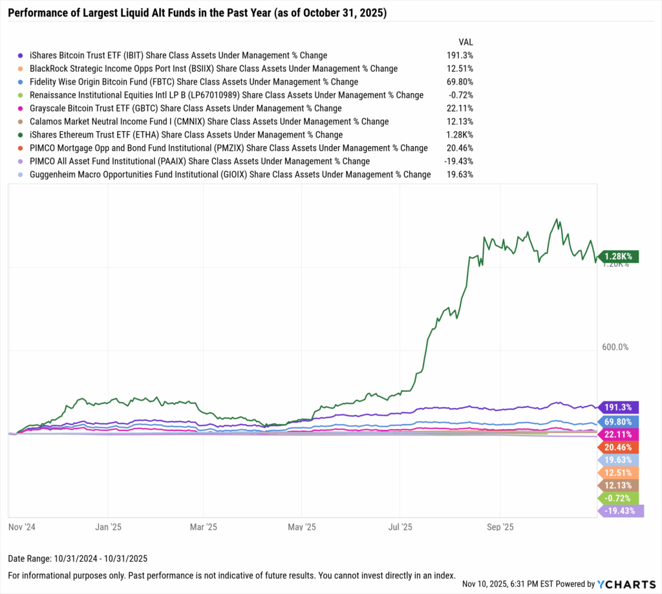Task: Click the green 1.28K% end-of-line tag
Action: [620, 257]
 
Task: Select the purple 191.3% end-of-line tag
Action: [620, 407]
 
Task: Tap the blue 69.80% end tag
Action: [620, 421]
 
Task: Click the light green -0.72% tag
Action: [620, 498]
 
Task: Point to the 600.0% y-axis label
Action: [615, 347]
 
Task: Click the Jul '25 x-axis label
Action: [400, 527]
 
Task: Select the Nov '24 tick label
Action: [22, 527]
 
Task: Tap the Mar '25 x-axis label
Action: [204, 527]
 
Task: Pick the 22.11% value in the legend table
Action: [460, 108]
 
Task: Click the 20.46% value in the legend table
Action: [460, 148]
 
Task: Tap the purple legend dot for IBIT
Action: [21, 56]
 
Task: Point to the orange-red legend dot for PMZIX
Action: [21, 148]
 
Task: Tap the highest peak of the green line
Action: [557, 220]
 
